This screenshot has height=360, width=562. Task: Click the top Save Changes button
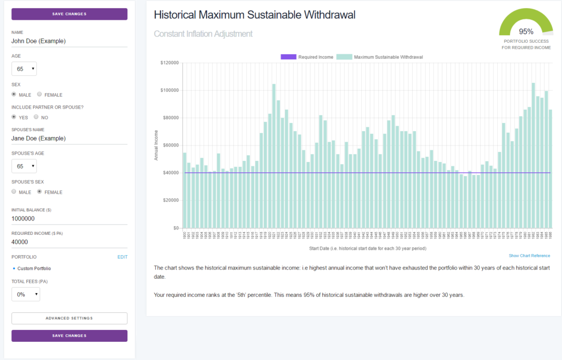tap(69, 14)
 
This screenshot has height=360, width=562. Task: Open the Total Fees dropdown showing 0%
tap(26, 294)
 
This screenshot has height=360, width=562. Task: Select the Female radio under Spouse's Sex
tap(40, 192)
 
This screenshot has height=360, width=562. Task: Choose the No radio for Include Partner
tap(36, 117)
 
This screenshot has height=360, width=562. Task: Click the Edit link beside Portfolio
tap(122, 257)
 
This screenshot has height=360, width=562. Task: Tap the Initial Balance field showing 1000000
tap(69, 218)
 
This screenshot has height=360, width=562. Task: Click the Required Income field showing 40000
tap(69, 241)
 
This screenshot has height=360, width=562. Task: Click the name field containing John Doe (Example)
tap(69, 40)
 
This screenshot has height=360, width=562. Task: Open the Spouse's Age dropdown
tap(24, 166)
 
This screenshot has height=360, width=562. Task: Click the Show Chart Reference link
tap(529, 256)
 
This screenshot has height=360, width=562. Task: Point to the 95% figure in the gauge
tap(526, 31)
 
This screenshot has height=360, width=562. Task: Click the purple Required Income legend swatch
tap(288, 57)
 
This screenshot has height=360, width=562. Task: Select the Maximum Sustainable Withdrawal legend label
tap(388, 57)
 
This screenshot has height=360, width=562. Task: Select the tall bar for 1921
tap(274, 156)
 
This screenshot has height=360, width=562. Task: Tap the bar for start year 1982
tap(533, 156)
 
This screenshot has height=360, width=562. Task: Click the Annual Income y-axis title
tap(156, 145)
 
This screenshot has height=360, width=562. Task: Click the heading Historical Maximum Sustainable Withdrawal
tap(255, 15)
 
